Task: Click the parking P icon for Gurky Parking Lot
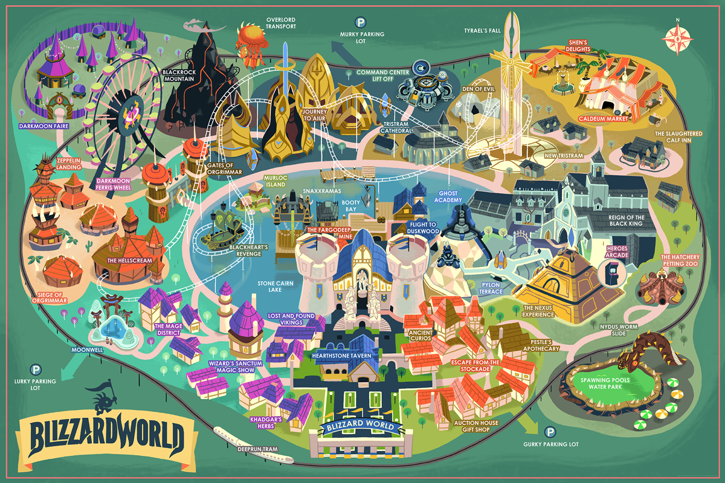550,432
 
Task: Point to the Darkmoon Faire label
43,126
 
